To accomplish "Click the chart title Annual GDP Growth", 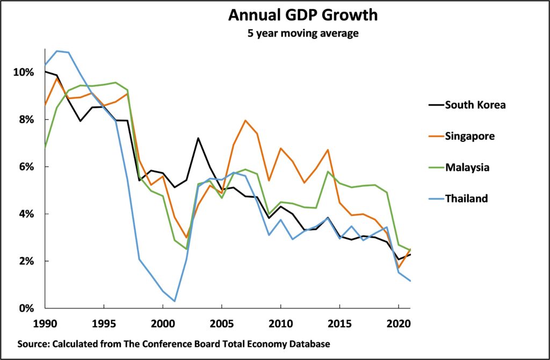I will coord(302,15).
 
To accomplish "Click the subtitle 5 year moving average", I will coord(302,33).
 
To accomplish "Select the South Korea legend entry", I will coord(475,105).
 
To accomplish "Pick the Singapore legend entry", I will coord(469,136).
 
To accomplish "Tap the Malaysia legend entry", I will coord(467,167).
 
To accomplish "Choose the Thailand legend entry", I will coord(466,198).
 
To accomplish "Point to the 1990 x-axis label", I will coord(45,324).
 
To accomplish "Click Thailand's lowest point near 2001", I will coord(175,301).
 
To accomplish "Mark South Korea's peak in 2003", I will coord(198,138).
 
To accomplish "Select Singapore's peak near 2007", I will coord(245,120).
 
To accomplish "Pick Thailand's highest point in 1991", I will coord(57,51).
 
